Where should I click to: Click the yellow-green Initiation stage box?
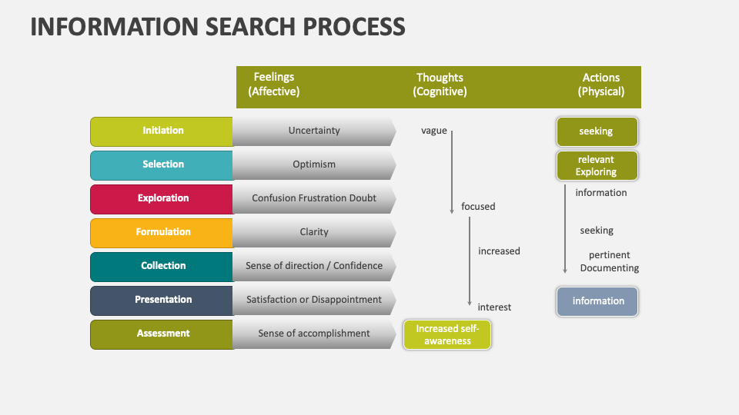[162, 131]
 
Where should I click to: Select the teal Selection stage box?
[162, 165]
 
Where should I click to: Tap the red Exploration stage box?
[162, 198]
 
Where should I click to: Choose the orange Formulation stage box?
[162, 232]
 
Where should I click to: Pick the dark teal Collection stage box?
[162, 266]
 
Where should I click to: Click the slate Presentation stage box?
[162, 300]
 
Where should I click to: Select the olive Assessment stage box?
[162, 334]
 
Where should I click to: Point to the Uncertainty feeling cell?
[314, 131]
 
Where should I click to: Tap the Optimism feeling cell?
[314, 164]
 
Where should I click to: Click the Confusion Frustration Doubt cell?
[314, 198]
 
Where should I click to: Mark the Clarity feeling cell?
[314, 232]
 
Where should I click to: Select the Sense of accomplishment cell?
[314, 334]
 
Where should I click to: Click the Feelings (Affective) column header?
[274, 85]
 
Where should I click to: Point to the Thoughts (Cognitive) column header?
[440, 85]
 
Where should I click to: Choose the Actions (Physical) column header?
[601, 85]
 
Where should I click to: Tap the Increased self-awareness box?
[447, 335]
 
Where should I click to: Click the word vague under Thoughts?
[434, 131]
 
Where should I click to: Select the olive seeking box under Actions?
[597, 131]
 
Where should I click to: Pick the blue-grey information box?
[597, 301]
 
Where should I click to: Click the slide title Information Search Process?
[218, 27]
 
